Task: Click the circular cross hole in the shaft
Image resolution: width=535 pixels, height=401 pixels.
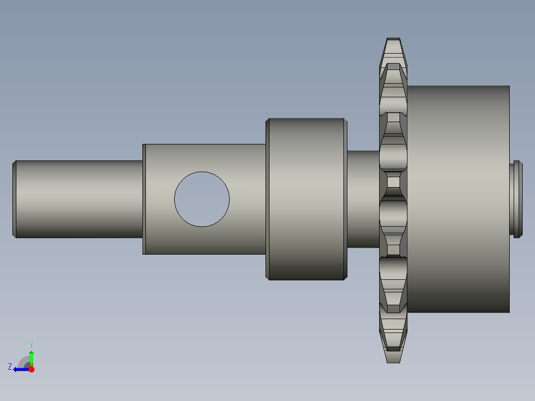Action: click(x=202, y=199)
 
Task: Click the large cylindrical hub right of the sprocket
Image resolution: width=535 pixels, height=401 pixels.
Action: click(x=457, y=199)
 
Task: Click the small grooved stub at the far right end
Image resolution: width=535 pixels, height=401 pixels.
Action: click(x=516, y=199)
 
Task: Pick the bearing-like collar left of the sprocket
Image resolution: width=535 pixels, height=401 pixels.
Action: click(x=306, y=199)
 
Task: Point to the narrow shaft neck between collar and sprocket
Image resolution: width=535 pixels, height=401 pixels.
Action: click(x=362, y=199)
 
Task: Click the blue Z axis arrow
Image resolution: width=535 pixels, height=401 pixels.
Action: click(x=20, y=369)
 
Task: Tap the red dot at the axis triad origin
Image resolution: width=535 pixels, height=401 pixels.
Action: click(x=31, y=369)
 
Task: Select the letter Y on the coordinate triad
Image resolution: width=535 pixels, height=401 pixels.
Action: click(x=31, y=344)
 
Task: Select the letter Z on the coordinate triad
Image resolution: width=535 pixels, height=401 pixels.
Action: click(x=10, y=366)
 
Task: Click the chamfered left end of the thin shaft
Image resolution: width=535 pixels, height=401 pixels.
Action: click(x=14, y=199)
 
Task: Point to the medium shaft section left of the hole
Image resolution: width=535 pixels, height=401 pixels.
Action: click(x=159, y=199)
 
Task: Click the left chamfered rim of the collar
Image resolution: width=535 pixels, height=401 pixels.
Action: click(x=267, y=199)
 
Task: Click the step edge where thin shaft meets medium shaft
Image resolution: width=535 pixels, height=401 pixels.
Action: click(x=143, y=199)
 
